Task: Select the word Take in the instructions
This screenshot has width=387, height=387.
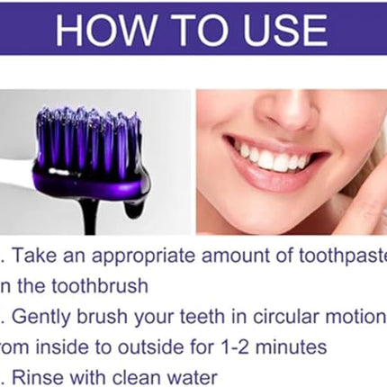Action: coord(45,257)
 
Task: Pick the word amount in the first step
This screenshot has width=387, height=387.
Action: coord(235,257)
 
